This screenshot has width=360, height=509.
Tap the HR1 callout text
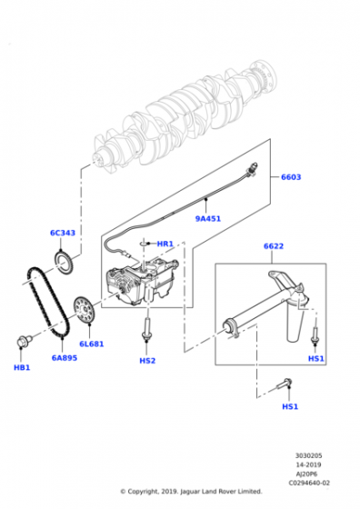pyautogui.click(x=165, y=244)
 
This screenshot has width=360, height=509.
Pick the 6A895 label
pyautogui.click(x=64, y=357)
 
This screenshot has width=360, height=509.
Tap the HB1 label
pyautogui.click(x=22, y=368)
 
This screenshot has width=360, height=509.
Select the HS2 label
pyautogui.click(x=147, y=361)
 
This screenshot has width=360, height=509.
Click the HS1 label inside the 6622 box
pyautogui.click(x=315, y=358)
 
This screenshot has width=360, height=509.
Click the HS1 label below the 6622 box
pyautogui.click(x=289, y=406)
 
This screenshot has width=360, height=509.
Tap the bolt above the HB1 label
pyautogui.click(x=23, y=343)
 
